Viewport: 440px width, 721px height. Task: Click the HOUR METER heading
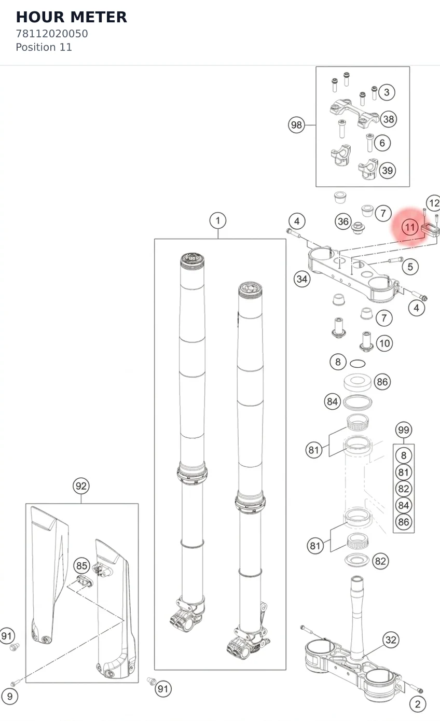[72, 17]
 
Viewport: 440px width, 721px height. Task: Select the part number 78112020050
[52, 34]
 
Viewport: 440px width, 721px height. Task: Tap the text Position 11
[44, 47]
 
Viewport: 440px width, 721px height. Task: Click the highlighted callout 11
[410, 227]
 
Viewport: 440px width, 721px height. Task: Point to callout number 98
[296, 125]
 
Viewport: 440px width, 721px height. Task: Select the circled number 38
[389, 119]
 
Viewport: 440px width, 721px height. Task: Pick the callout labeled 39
[387, 170]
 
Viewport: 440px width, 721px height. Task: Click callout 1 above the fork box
[218, 220]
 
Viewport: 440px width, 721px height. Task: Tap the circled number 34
[302, 279]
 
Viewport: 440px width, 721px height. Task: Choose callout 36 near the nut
[343, 221]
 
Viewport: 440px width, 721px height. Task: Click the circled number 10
[384, 343]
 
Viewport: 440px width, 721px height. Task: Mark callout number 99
[404, 429]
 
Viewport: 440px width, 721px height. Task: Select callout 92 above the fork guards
[81, 486]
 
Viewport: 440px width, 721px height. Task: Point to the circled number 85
[82, 565]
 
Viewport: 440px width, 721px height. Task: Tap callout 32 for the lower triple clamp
[391, 640]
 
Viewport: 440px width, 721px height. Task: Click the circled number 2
[418, 704]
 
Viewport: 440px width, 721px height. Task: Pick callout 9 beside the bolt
[10, 696]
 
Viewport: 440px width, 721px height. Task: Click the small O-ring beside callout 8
[357, 364]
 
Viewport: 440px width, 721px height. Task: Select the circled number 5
[410, 267]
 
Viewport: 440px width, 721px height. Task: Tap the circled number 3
[387, 92]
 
